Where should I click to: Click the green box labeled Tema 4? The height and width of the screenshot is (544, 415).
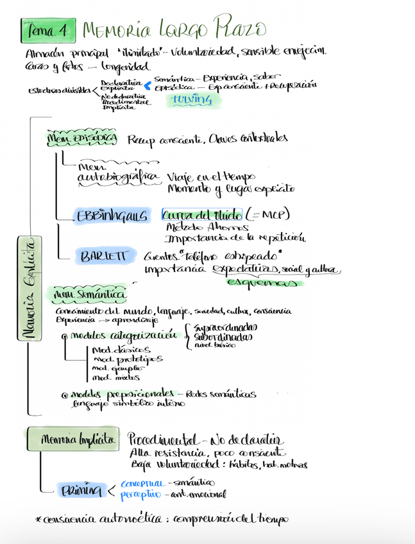tap(48, 30)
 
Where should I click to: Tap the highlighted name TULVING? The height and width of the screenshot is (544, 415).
tap(191, 99)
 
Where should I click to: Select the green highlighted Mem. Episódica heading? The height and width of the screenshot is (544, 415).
tap(82, 138)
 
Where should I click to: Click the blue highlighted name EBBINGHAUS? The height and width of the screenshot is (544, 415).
tap(112, 216)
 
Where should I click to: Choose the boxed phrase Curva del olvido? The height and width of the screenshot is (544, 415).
tap(202, 214)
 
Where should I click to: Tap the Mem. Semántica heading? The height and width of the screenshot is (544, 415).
tap(89, 294)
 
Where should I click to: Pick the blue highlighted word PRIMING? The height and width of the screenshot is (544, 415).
tap(81, 491)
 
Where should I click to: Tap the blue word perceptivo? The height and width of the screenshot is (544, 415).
tap(140, 495)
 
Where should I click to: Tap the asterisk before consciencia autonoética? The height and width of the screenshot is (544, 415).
tap(39, 518)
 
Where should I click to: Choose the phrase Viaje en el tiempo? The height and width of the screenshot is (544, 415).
tap(211, 176)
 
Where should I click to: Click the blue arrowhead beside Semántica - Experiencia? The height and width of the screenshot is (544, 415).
tap(147, 85)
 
